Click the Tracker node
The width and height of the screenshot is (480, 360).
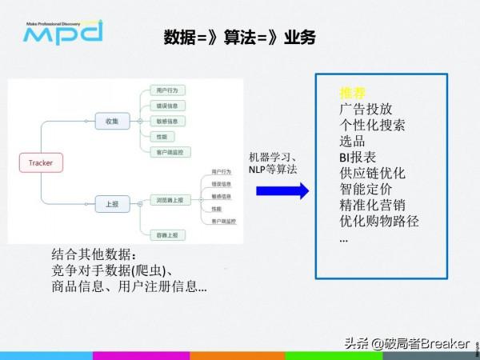tap(41, 163)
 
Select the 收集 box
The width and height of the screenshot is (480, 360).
tap(111, 122)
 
